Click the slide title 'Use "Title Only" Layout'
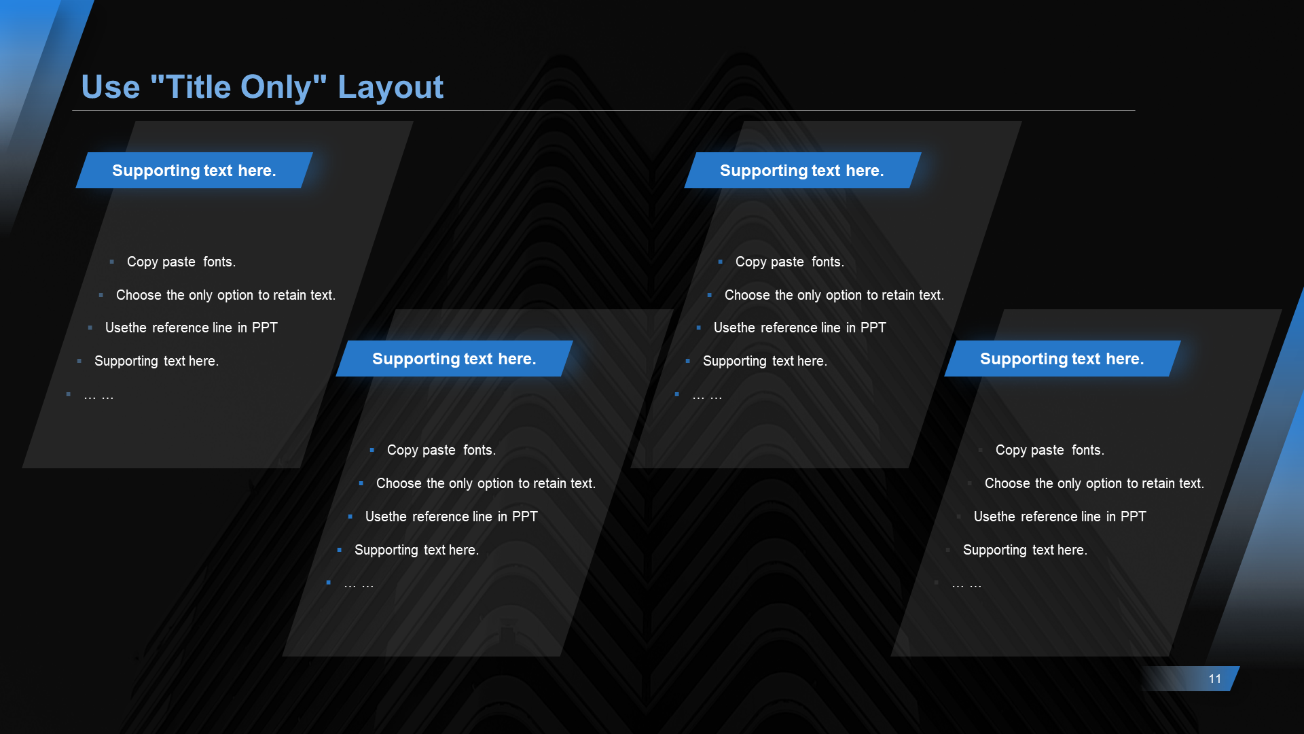point(262,87)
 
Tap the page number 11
point(1215,679)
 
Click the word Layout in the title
point(391,87)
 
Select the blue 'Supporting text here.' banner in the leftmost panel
point(194,170)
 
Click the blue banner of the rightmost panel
point(1062,358)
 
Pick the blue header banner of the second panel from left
point(454,358)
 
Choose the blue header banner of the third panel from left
point(802,170)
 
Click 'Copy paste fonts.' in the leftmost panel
point(181,262)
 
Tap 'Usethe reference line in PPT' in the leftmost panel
point(192,328)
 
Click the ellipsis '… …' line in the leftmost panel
point(98,396)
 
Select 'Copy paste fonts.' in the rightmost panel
point(1050,450)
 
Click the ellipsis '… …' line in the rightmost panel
point(967,584)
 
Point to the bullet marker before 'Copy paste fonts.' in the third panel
point(720,262)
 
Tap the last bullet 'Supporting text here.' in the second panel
point(416,550)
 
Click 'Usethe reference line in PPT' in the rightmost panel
point(1060,517)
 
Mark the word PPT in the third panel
point(873,328)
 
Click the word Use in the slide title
point(111,87)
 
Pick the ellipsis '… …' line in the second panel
point(359,584)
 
